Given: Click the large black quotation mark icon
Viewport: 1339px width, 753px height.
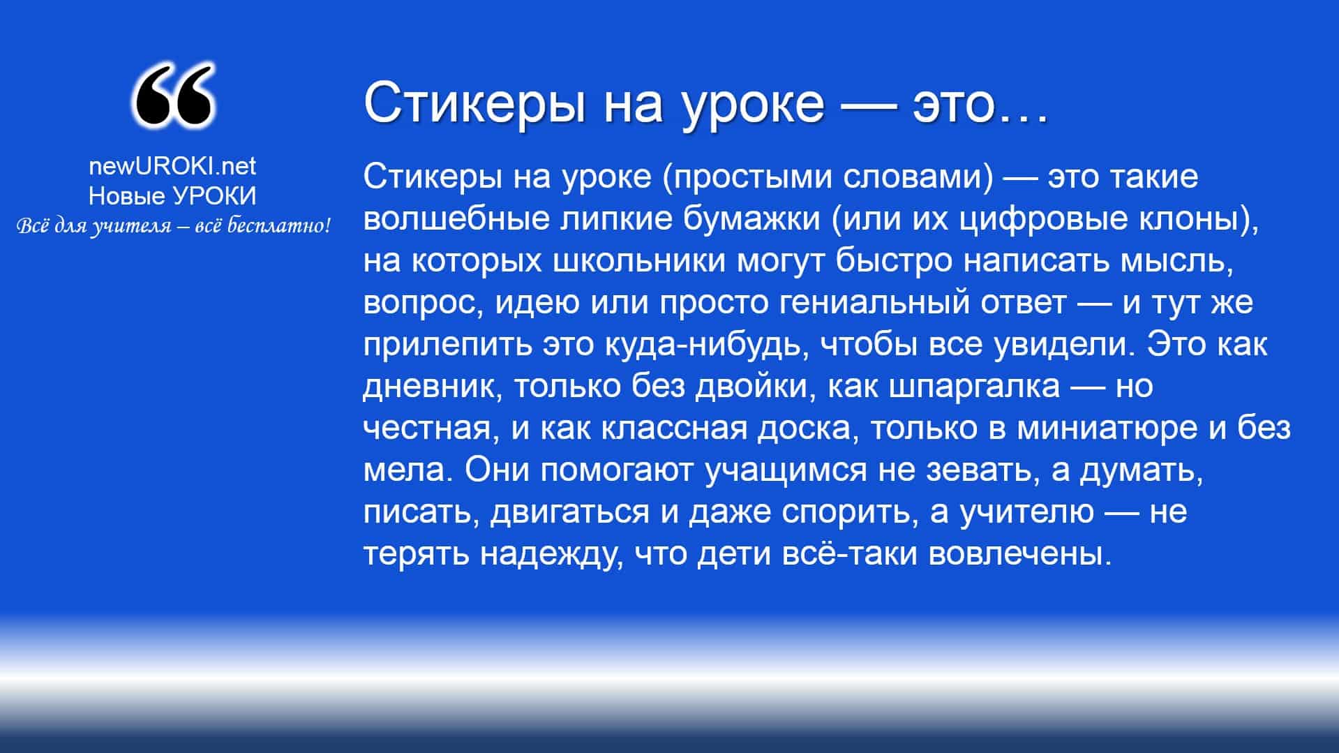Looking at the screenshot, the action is tap(172, 97).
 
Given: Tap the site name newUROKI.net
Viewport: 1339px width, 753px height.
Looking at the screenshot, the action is tap(172, 165).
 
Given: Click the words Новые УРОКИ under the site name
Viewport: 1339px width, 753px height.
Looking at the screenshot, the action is tap(172, 196).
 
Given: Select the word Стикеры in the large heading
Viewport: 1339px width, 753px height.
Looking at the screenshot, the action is tap(475, 104).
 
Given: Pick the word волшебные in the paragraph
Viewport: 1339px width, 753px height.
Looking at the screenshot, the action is tap(456, 218).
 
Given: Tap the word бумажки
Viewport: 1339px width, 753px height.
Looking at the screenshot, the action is tap(751, 219).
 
